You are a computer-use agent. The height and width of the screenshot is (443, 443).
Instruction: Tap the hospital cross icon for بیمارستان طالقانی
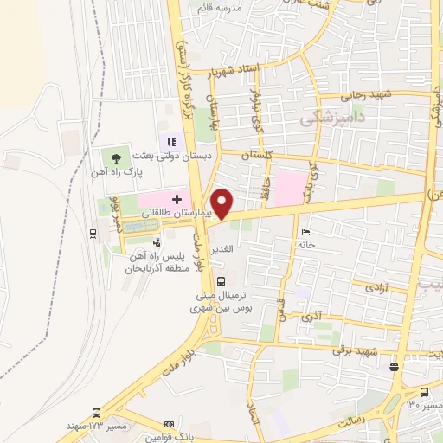[177, 200]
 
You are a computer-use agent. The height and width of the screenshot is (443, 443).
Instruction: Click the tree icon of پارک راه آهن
[114, 157]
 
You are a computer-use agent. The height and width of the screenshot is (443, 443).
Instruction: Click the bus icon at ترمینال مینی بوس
[221, 281]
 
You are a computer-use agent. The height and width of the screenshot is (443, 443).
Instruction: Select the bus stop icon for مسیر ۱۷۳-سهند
[95, 414]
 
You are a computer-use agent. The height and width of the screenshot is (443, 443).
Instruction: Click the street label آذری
[309, 317]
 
